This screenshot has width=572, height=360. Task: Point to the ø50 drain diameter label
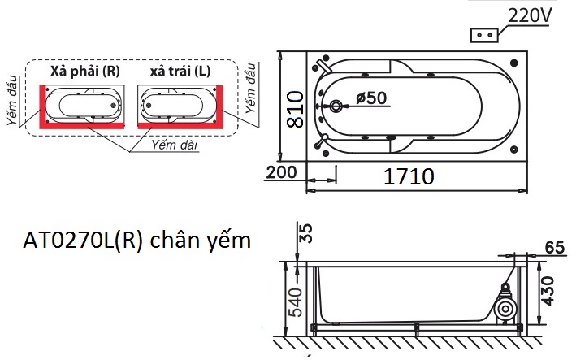pyautogui.click(x=370, y=98)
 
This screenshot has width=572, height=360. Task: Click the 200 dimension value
pyautogui.click(x=280, y=173)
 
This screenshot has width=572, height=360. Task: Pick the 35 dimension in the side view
pyautogui.click(x=306, y=233)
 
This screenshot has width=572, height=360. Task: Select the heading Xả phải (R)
pyautogui.click(x=84, y=72)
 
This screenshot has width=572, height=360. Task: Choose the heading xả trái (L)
pyautogui.click(x=180, y=72)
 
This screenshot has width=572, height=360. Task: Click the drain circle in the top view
pyautogui.click(x=337, y=106)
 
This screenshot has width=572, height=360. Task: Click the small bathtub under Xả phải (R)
pyautogui.click(x=84, y=103)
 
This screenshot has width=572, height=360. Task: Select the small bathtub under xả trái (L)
pyautogui.click(x=180, y=103)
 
